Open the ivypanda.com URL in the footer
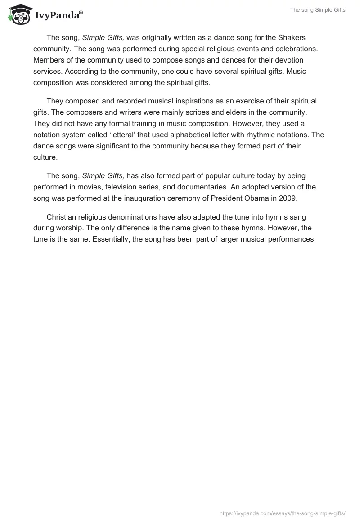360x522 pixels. (x=282, y=513)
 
